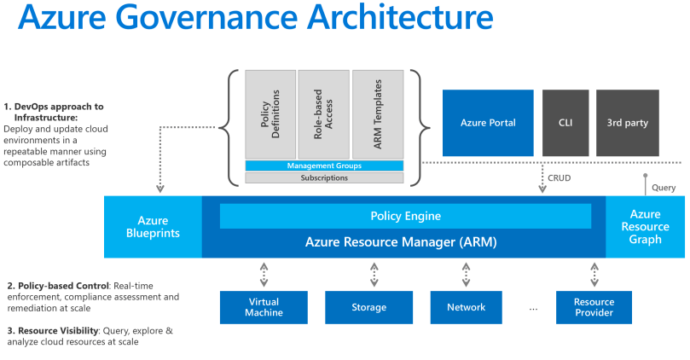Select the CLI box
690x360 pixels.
point(565,123)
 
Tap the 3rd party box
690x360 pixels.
point(627,123)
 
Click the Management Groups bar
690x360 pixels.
point(324,165)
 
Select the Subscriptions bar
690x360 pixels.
point(324,178)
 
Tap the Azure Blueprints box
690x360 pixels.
point(153,226)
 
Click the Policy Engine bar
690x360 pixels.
point(405,216)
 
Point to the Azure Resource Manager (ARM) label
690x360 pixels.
point(401,242)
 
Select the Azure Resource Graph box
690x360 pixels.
point(645,226)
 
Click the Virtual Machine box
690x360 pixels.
point(264,307)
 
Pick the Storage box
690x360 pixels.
point(368,307)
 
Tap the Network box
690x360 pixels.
point(466,307)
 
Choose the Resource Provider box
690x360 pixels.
point(594,307)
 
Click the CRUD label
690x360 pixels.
point(560,178)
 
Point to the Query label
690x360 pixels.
point(663,188)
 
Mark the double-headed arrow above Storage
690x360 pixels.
point(374,274)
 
